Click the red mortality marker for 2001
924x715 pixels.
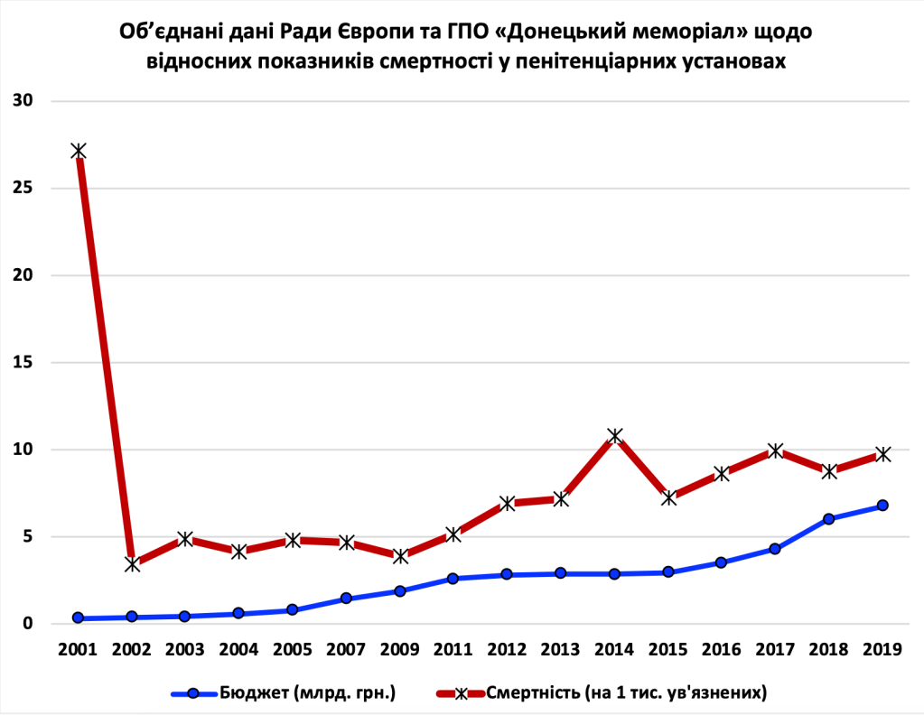point(79,151)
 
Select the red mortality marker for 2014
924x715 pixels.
point(615,436)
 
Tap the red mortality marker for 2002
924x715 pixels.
point(132,563)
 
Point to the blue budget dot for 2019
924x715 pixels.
point(882,506)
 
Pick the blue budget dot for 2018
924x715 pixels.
point(829,519)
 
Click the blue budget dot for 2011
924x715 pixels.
point(453,579)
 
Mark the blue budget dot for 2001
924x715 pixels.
point(79,618)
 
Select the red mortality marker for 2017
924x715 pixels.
point(775,450)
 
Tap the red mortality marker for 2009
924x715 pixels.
point(400,556)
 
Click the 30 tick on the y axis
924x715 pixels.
point(22,100)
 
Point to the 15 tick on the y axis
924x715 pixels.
point(22,362)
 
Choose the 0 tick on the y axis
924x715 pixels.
point(27,624)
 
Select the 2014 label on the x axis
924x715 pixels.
point(614,649)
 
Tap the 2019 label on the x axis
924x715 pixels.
point(882,649)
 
